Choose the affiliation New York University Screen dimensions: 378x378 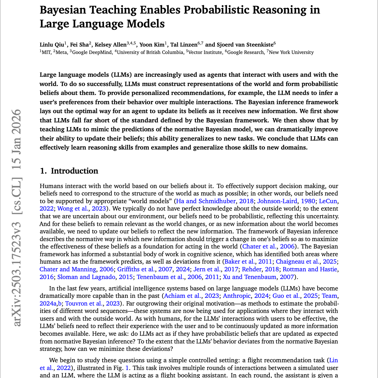(291, 52)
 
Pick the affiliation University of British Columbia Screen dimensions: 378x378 (150, 52)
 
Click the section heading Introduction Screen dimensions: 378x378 (74, 171)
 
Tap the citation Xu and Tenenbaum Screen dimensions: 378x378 (249, 277)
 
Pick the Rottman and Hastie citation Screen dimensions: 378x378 (310, 269)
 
